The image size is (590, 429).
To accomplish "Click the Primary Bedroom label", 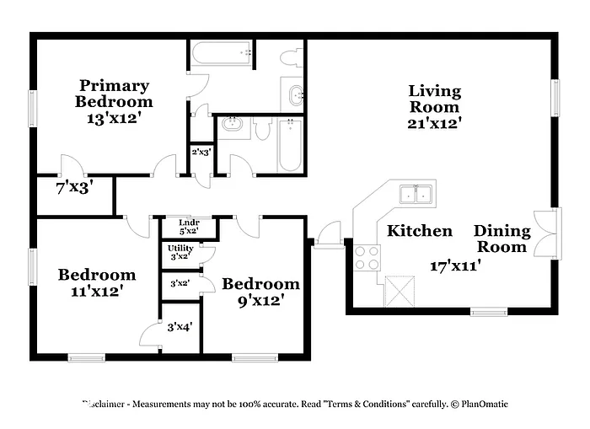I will coord(114,93).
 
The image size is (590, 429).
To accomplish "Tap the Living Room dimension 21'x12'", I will coord(434,123).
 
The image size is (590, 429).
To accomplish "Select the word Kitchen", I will coord(419,231).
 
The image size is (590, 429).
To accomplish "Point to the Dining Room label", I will coord(502,239).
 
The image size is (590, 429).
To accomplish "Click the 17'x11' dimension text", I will coord(454,265).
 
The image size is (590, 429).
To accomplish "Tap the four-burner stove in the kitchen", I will coord(366,256).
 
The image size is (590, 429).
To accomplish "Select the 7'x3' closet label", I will coord(74,188).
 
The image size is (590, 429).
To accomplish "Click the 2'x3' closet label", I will coord(201,153).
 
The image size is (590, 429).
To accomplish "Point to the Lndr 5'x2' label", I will coord(189,226).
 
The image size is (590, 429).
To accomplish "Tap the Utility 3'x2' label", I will coord(180,253).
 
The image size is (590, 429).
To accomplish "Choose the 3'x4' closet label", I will coord(180,326).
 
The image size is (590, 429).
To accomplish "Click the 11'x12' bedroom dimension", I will coord(96,292).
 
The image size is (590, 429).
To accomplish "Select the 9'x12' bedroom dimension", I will coord(260,299).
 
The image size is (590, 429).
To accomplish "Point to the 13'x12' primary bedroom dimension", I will coord(113,119).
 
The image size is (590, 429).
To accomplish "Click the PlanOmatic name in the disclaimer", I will coord(483,404).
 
